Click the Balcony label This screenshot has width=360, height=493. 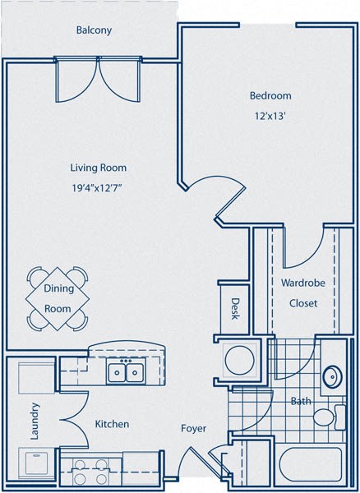click(94, 30)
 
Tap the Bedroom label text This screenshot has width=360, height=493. click(270, 96)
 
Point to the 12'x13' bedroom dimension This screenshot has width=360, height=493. click(270, 117)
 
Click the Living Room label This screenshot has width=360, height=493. click(98, 168)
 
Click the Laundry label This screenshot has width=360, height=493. click(35, 421)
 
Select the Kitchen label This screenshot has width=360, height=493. click(112, 424)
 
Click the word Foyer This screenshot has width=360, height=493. click(194, 429)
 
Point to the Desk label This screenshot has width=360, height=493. click(234, 310)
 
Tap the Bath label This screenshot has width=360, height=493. click(300, 402)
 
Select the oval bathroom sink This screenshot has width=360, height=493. click(333, 376)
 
